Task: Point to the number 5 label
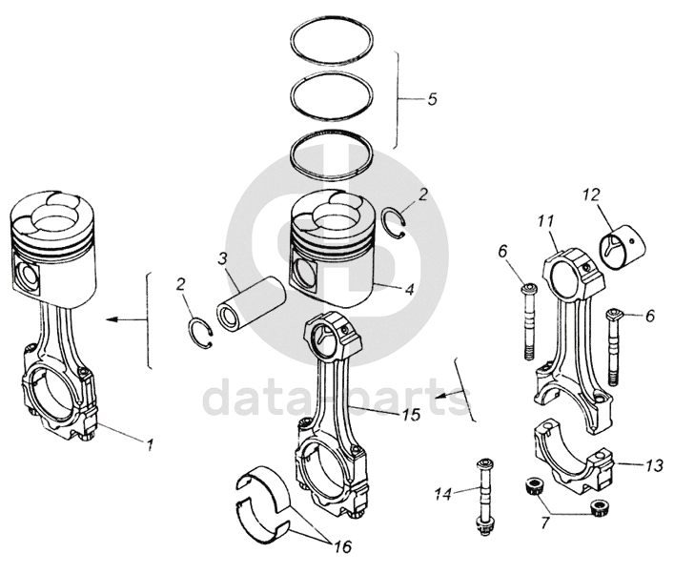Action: pyautogui.click(x=432, y=98)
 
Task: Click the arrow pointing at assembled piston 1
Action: pyautogui.click(x=119, y=320)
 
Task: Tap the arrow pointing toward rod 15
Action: pyautogui.click(x=444, y=393)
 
